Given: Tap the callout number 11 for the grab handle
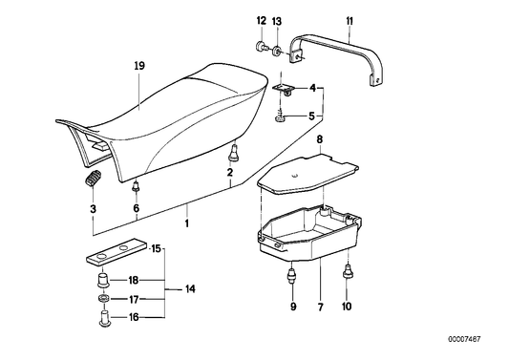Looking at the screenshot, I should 350,20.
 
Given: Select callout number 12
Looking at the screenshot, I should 261,20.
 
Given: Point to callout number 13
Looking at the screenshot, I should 277,20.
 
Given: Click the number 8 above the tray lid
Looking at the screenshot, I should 319,139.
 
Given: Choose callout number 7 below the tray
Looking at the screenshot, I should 319,307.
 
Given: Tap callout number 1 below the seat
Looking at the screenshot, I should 187,223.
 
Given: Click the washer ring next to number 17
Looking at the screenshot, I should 102,298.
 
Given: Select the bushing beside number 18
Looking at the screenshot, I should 102,281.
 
